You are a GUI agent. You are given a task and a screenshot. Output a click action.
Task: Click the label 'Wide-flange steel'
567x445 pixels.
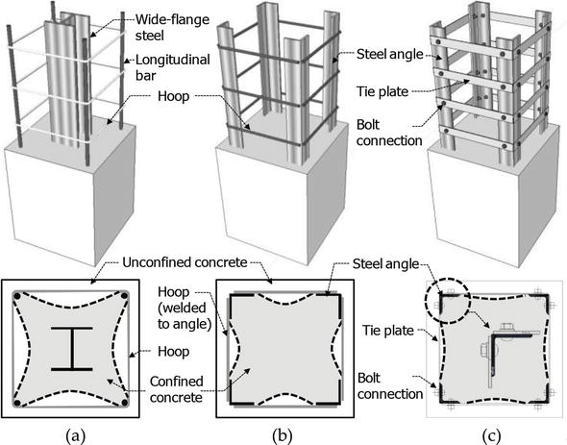tap(172, 27)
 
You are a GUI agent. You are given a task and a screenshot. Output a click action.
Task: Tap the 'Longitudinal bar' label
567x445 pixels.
tap(172, 67)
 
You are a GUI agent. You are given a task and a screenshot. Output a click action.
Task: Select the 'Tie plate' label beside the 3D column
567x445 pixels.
tap(382, 91)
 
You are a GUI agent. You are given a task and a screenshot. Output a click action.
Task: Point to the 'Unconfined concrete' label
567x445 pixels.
tap(185, 262)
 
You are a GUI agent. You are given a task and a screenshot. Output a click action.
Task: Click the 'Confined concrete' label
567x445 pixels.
tap(177, 389)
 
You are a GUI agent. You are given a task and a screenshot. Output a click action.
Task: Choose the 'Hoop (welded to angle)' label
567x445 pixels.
tap(185, 308)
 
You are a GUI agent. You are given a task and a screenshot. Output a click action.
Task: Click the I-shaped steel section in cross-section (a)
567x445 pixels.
tap(72, 349)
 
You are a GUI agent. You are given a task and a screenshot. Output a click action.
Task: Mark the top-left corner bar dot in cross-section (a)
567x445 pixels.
tap(16, 296)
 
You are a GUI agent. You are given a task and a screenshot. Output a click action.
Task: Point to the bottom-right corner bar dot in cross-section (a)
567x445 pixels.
tap(125, 403)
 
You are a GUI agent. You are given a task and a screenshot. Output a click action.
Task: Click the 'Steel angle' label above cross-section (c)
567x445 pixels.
tap(385, 263)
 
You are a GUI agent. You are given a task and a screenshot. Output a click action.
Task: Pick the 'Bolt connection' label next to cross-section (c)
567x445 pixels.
tap(390, 386)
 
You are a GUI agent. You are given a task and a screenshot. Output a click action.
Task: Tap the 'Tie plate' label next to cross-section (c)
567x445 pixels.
tap(388, 331)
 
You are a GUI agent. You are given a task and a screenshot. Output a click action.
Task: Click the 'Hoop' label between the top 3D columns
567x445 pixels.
tap(173, 96)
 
